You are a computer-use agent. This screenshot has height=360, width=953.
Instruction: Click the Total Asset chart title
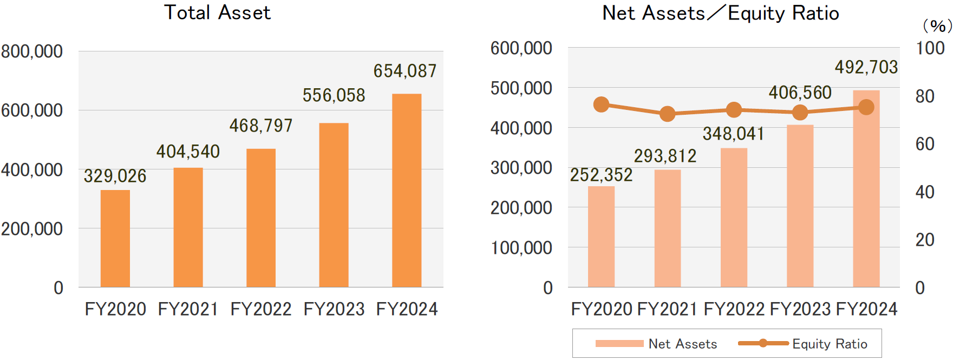point(217,12)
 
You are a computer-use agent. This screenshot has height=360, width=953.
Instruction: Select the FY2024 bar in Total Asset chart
point(407,190)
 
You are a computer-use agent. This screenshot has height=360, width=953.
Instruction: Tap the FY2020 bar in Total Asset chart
point(115,238)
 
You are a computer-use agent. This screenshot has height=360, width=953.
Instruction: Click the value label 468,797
point(261,126)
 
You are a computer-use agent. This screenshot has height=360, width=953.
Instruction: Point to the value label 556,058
point(334,96)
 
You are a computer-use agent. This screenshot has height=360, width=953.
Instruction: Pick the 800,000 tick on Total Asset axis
point(32,52)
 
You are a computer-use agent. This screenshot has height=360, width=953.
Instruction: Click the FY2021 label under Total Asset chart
point(188,309)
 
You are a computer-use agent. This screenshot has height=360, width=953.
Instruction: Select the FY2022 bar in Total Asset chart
point(261,218)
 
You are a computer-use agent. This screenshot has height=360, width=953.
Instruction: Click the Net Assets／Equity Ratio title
point(721,13)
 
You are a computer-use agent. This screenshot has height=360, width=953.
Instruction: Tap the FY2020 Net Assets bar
point(601,237)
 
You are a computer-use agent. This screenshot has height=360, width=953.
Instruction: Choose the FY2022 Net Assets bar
point(734,218)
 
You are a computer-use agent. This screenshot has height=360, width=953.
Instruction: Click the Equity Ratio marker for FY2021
point(667,114)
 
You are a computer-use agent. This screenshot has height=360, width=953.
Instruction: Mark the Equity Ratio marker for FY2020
point(601,104)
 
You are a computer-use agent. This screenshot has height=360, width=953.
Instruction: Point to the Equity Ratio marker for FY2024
point(866,107)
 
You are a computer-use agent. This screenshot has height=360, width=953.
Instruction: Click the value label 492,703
point(866,67)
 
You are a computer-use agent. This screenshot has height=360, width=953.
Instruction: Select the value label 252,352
point(601,175)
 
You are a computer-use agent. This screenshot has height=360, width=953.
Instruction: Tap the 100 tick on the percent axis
point(930,49)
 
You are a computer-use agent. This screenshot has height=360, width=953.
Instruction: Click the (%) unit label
point(937,26)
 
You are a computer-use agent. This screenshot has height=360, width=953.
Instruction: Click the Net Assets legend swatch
point(619,343)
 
